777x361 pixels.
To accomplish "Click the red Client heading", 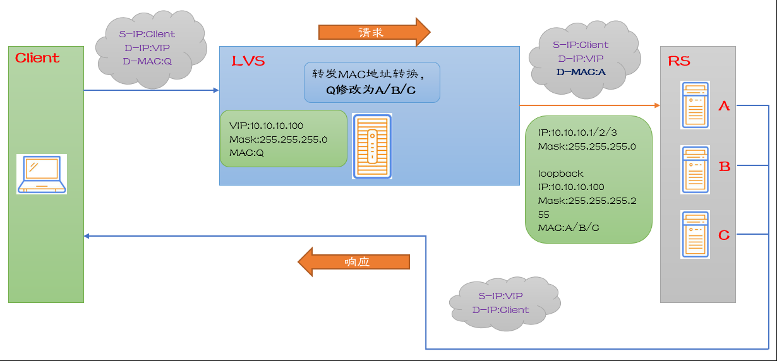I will (x=37, y=58).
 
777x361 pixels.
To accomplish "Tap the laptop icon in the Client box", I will (x=42, y=174).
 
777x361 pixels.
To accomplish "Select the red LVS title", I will (x=248, y=61).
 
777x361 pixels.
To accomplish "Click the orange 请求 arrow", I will (x=373, y=32).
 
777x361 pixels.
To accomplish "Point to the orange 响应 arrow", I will (x=354, y=261).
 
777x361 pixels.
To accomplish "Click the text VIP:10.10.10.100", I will (x=266, y=126).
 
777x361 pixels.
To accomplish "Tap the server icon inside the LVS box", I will (x=372, y=146).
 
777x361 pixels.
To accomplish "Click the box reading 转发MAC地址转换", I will (x=371, y=82).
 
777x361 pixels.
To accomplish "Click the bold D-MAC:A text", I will (x=581, y=72).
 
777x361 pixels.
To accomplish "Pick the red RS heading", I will (x=679, y=61).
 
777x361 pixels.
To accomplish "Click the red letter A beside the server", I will (x=724, y=106).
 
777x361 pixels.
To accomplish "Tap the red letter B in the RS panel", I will (x=725, y=167).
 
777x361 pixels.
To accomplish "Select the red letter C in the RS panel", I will (x=724, y=235).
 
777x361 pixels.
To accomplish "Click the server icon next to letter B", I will (x=695, y=170).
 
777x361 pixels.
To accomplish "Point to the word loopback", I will (x=560, y=173).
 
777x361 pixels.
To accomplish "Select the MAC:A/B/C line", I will (x=569, y=227).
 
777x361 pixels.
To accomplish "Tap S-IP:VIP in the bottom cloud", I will (x=500, y=296).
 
